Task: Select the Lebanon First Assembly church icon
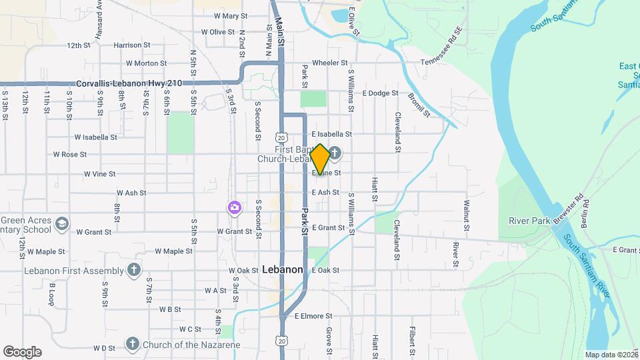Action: click(134, 270)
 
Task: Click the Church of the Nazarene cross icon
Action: click(132, 345)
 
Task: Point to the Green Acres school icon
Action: click(62, 223)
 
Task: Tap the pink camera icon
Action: click(234, 208)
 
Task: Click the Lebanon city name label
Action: click(283, 270)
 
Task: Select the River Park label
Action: click(527, 221)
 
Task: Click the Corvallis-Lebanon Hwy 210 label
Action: click(129, 84)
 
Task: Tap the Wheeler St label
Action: click(330, 63)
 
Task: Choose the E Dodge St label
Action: click(380, 94)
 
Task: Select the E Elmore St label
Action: click(313, 316)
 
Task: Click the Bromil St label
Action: click(421, 104)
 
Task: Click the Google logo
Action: click(22, 352)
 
